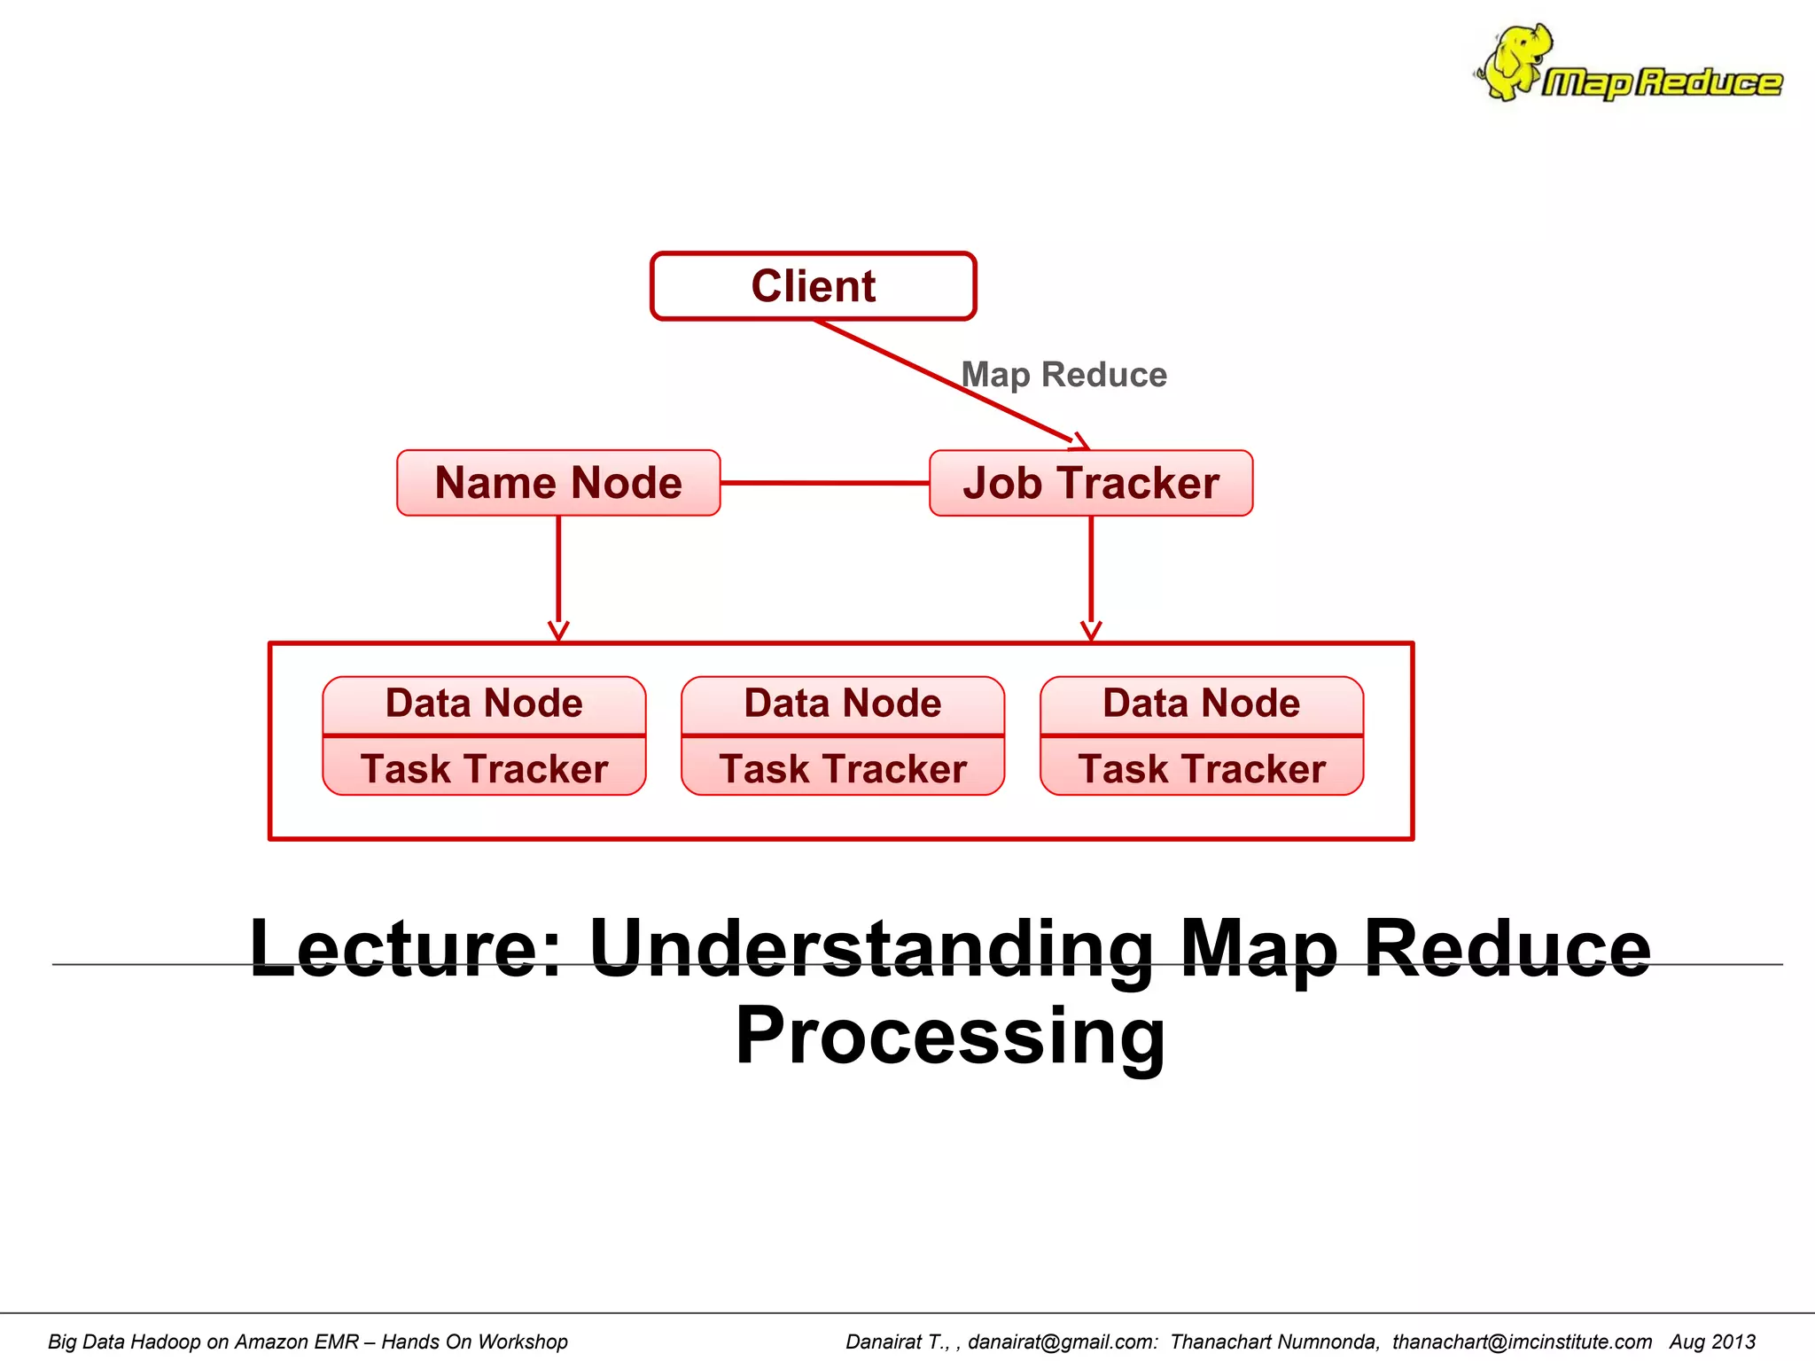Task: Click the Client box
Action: coord(813,286)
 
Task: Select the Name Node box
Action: coord(558,483)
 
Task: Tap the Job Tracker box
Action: coord(1091,483)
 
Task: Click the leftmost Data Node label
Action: coord(484,704)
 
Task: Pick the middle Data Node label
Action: coord(843,704)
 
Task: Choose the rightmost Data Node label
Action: coord(1201,704)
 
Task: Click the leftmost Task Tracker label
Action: coord(484,768)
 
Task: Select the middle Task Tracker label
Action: coord(843,768)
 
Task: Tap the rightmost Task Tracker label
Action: coord(1201,768)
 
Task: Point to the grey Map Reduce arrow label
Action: coord(1063,375)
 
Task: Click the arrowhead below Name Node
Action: coord(558,631)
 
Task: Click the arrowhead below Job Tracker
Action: coord(1091,631)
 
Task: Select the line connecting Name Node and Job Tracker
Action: coord(824,483)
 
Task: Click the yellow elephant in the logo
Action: coord(1517,60)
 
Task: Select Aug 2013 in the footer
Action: coord(1712,1342)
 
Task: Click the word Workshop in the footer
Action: coord(521,1342)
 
